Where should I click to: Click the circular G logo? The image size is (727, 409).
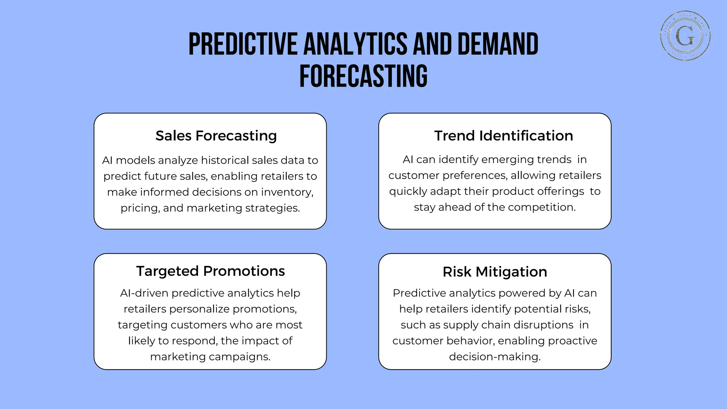click(685, 36)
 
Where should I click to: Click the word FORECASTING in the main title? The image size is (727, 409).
click(363, 76)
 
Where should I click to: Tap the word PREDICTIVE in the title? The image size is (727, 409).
click(243, 44)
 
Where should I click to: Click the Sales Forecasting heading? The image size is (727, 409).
click(216, 136)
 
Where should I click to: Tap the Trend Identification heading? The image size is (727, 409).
click(503, 136)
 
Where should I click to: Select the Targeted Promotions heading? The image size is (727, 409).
click(210, 271)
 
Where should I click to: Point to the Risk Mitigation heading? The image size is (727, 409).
click(494, 272)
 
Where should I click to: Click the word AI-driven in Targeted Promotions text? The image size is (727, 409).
click(144, 293)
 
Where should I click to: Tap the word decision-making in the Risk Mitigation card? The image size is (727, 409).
click(494, 357)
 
